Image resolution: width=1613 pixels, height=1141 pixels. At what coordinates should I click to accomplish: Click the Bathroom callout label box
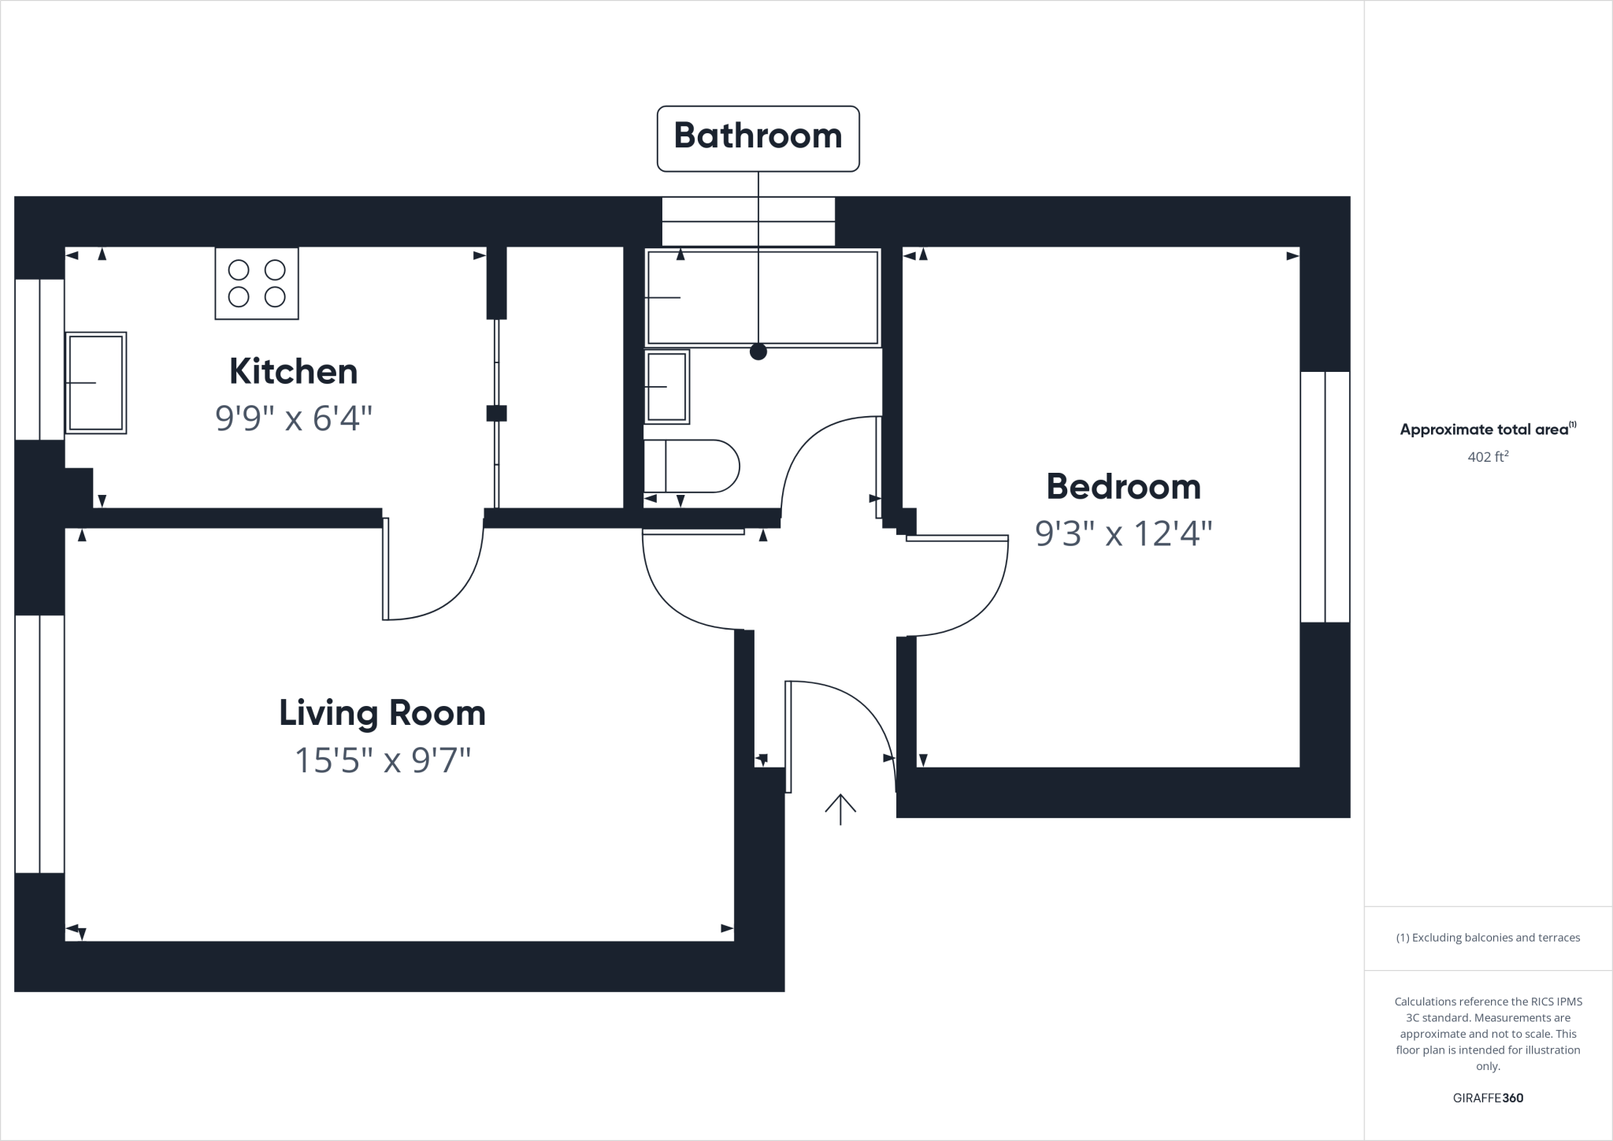pyautogui.click(x=758, y=138)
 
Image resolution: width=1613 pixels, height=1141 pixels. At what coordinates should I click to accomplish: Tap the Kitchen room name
pyautogui.click(x=293, y=372)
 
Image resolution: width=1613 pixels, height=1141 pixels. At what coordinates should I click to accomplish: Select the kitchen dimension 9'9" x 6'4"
pyautogui.click(x=293, y=418)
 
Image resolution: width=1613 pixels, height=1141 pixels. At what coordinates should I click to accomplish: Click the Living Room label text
pyautogui.click(x=382, y=713)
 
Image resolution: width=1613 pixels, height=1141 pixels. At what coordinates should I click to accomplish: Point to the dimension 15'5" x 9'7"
pyautogui.click(x=382, y=761)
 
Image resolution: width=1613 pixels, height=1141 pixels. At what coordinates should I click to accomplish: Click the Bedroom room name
pyautogui.click(x=1123, y=487)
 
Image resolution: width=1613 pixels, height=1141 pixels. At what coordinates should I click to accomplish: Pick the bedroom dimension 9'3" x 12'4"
pyautogui.click(x=1123, y=534)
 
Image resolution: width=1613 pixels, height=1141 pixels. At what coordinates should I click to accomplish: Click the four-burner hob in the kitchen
pyautogui.click(x=257, y=284)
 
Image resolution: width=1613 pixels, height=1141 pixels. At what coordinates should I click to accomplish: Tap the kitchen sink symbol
pyautogui.click(x=95, y=383)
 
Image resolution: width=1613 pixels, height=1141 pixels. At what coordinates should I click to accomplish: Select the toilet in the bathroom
pyautogui.click(x=692, y=466)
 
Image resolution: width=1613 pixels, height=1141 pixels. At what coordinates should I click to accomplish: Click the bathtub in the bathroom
pyautogui.click(x=762, y=298)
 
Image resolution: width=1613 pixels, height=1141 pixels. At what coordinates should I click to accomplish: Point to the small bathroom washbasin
pyautogui.click(x=667, y=387)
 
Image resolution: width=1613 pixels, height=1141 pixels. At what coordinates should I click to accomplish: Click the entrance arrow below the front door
pyautogui.click(x=840, y=809)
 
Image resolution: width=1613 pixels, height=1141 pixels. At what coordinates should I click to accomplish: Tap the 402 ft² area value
pyautogui.click(x=1487, y=456)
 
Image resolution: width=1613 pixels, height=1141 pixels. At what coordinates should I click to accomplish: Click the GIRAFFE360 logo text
pyautogui.click(x=1487, y=1098)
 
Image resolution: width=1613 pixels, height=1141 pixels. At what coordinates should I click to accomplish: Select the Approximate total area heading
pyautogui.click(x=1487, y=429)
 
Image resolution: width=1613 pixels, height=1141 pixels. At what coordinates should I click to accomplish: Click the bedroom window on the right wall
pyautogui.click(x=1325, y=496)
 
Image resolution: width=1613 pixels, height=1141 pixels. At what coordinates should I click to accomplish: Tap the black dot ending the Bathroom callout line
pyautogui.click(x=758, y=352)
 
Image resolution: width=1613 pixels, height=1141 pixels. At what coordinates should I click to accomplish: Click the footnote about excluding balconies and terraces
pyautogui.click(x=1487, y=938)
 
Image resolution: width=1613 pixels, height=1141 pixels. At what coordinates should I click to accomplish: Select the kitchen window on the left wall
pyautogui.click(x=39, y=359)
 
